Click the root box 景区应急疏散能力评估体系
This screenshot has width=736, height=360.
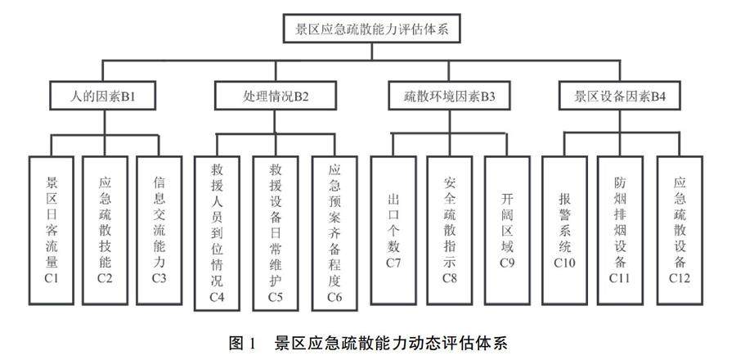tap(373, 31)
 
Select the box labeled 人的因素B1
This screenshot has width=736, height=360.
tap(102, 96)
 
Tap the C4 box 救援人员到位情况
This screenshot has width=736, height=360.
tap(218, 232)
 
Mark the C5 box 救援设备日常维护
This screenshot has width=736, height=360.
tap(276, 232)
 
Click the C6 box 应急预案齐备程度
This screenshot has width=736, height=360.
tap(334, 232)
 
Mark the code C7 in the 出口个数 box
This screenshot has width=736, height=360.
tap(394, 263)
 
